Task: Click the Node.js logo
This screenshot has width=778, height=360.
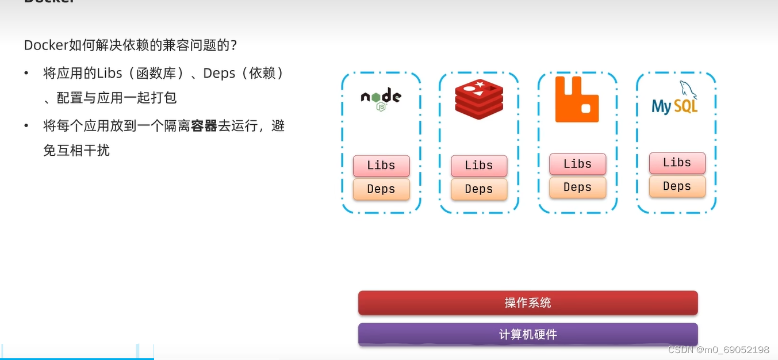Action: tap(381, 98)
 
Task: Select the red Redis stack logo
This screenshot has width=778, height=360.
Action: tap(479, 99)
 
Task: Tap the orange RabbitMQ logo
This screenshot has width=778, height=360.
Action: tap(577, 99)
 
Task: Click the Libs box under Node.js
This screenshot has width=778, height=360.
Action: tap(381, 166)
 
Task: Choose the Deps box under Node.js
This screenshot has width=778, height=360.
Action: tap(381, 189)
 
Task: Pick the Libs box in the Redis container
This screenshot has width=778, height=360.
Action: tap(479, 166)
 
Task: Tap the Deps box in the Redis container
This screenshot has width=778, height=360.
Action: tap(479, 189)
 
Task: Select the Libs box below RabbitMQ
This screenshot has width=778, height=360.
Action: tap(577, 164)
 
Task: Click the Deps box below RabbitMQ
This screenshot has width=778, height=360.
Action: tap(577, 187)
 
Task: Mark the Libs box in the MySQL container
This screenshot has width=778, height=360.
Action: tap(677, 163)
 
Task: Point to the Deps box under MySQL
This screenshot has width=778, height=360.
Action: tap(677, 186)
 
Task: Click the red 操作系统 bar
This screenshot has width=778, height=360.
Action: tap(528, 303)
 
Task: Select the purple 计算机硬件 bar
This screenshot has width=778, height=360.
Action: tap(528, 335)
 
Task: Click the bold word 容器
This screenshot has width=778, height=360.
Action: tap(204, 125)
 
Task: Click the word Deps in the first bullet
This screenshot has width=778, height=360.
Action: tap(219, 73)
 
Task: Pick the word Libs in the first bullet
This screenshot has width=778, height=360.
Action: tap(110, 73)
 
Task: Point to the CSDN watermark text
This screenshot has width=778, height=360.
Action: tap(718, 350)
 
